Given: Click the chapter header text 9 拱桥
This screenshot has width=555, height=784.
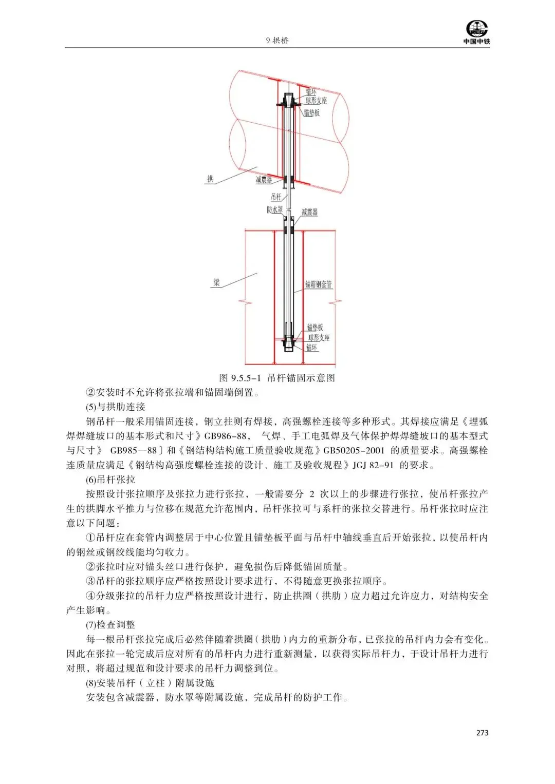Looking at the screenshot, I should point(277,41).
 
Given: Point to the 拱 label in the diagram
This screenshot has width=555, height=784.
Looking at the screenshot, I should point(210,179).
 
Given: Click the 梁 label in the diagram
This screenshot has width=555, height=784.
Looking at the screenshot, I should point(217,282).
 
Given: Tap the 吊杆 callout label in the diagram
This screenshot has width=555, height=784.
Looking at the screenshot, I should point(276,197).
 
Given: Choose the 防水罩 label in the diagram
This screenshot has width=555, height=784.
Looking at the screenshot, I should point(274,209).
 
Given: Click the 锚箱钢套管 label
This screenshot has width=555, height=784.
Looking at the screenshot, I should point(319,284).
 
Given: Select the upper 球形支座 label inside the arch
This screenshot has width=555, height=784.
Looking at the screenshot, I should point(317,101).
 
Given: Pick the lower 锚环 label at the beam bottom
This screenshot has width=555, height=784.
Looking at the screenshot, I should point(312,348).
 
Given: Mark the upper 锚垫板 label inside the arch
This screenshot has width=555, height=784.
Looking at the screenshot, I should point(311,112).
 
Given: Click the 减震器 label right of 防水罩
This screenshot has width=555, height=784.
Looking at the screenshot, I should point(309,212).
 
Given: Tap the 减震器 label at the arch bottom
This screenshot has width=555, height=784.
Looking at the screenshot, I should point(264,180).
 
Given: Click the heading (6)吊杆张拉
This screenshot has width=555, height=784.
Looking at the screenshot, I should point(110,480).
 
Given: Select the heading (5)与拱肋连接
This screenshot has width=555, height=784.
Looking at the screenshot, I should point(116,407).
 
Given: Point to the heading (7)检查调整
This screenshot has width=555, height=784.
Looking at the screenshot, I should point(110,625).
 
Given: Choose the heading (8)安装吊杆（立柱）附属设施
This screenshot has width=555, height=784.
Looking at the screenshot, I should point(150,683).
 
